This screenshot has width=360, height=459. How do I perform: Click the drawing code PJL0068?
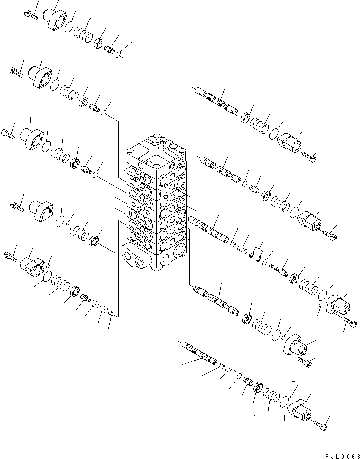[x=342, y=456]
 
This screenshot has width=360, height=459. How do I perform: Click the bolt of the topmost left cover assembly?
[x=30, y=15]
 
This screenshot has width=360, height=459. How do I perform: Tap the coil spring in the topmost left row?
[x=83, y=34]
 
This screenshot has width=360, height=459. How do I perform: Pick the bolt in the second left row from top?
[x=17, y=72]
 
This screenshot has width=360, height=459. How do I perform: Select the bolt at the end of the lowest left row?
[x=10, y=257]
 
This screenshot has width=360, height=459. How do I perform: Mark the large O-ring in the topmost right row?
[x=275, y=133]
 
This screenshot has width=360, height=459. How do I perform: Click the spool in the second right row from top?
[x=220, y=169]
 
